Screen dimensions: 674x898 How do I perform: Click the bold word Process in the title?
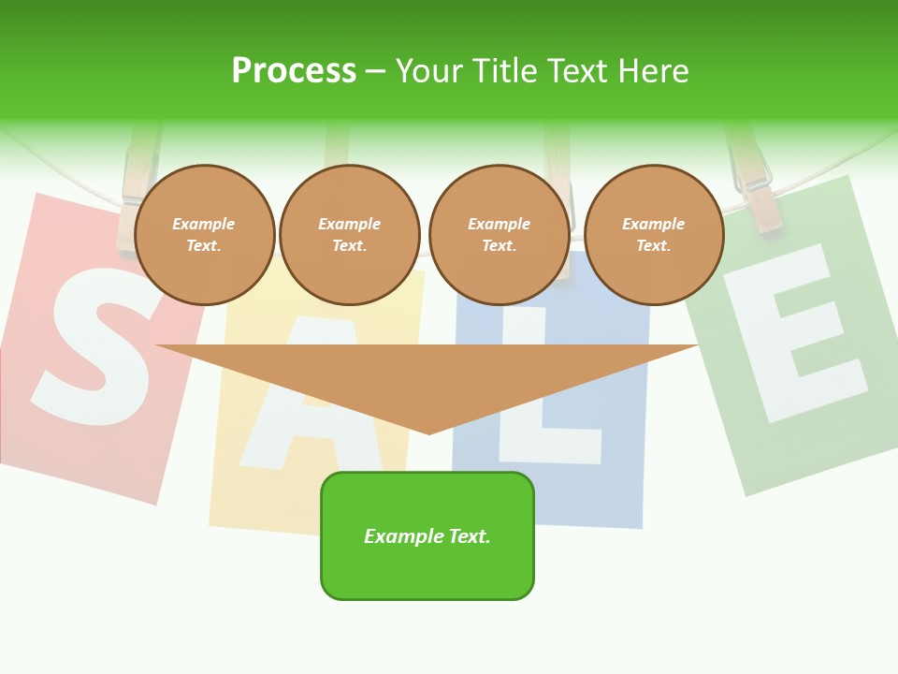[294, 71]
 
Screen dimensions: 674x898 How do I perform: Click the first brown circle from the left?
[204, 234]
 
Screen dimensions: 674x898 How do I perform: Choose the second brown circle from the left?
[350, 234]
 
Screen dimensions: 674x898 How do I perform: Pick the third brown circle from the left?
[499, 234]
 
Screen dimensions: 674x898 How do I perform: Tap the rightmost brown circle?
[654, 234]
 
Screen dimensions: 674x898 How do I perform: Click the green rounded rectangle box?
[427, 535]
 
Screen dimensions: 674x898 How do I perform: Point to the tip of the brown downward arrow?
[429, 432]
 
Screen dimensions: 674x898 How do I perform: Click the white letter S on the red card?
[94, 346]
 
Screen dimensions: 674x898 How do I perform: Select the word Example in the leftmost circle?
[204, 224]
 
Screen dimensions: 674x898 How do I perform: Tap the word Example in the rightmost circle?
[654, 224]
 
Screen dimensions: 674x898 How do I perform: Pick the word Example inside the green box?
[402, 536]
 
